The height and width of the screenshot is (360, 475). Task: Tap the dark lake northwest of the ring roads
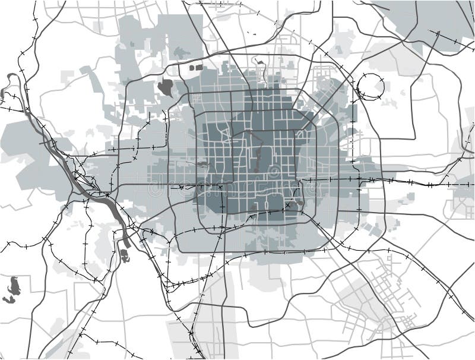[x=166, y=87]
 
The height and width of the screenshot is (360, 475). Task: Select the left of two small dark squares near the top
[x=192, y=68]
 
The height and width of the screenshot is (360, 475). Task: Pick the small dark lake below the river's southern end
[x=125, y=255]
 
